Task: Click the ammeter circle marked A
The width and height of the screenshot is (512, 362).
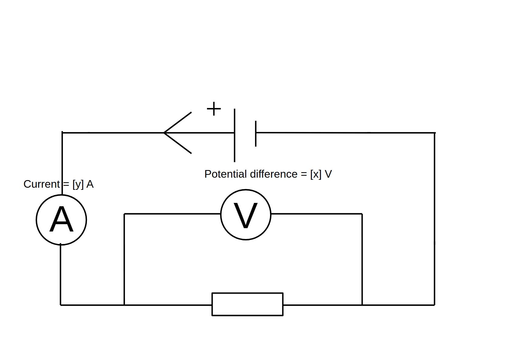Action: click(61, 220)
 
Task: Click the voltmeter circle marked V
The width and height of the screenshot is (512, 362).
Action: click(246, 214)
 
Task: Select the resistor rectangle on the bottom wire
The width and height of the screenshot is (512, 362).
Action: click(247, 304)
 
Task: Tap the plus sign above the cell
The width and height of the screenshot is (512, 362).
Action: click(214, 109)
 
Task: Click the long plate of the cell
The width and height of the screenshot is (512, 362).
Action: click(234, 135)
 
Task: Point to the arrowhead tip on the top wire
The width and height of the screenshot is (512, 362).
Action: click(164, 133)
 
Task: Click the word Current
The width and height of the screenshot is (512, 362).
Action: click(42, 184)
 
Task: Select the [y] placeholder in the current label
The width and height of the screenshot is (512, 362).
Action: click(78, 184)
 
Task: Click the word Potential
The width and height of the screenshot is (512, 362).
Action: click(226, 174)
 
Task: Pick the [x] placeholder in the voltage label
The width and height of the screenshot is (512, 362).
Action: click(316, 174)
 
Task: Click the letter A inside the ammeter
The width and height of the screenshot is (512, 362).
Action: click(61, 220)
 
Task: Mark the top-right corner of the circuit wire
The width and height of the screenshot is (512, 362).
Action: click(434, 133)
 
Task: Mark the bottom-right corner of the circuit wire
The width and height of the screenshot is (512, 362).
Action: click(434, 305)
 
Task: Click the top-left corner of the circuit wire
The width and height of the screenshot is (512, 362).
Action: click(62, 133)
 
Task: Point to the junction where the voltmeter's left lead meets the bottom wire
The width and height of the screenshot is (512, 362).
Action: click(124, 305)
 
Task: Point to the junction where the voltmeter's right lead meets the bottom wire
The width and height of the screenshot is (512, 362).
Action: click(362, 305)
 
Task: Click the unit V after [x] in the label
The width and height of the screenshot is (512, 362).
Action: click(328, 174)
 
